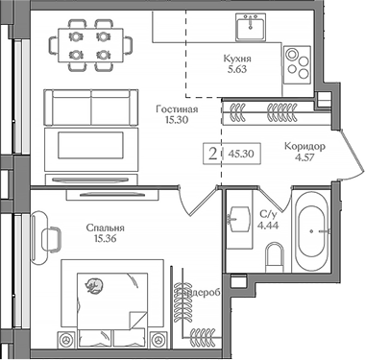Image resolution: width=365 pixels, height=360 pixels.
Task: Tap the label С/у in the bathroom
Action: [268, 214]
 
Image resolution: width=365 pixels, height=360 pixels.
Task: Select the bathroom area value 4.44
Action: [268, 227]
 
